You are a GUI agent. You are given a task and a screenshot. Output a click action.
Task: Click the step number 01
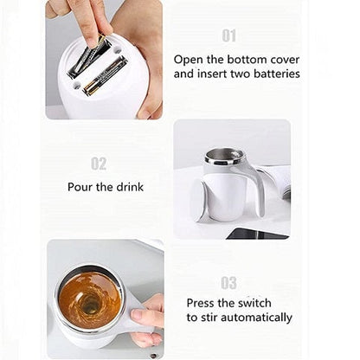pyautogui.click(x=228, y=35)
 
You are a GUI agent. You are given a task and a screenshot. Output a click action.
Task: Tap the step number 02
pyautogui.click(x=99, y=164)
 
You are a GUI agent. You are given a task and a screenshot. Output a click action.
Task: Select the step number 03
pyautogui.click(x=228, y=282)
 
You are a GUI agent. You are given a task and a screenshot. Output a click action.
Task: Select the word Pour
pyautogui.click(x=81, y=187)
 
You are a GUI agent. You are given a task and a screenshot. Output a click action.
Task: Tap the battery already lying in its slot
pyautogui.click(x=106, y=75)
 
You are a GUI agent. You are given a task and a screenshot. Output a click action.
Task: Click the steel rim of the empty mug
pyautogui.click(x=224, y=157)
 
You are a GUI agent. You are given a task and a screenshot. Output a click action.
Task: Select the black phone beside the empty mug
pyautogui.click(x=257, y=234)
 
